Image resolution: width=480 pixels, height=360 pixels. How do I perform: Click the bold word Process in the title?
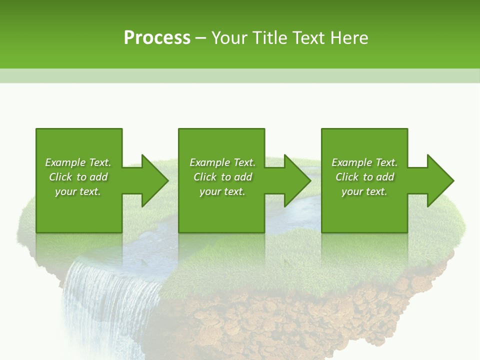coord(157,38)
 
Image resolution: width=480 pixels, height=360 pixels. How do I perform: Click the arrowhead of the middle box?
coord(297,180)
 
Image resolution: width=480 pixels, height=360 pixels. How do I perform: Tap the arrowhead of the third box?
coord(440,180)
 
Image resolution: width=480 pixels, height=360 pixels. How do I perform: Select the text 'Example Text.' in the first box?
coord(78,162)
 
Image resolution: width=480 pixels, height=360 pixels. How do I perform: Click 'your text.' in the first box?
coord(78,191)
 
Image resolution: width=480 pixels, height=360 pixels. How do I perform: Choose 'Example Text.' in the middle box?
coord(222,162)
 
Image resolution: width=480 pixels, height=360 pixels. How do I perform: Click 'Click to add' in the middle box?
coord(222,177)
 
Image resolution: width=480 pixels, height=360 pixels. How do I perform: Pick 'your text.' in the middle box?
coord(222,191)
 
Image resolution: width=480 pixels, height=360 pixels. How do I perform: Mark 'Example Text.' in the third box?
coord(364,162)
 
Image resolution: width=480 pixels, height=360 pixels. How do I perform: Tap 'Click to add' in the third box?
coord(364,177)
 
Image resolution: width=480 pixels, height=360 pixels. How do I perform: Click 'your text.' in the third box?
coord(364,191)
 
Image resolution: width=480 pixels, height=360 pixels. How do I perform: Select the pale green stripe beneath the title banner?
coord(240,75)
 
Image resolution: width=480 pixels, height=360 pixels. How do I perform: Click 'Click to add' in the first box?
coord(78,177)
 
